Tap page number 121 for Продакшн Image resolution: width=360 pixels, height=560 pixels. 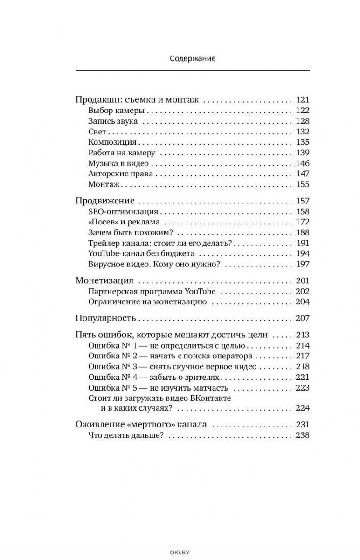coord(302,100)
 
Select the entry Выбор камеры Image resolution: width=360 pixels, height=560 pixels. coord(116,111)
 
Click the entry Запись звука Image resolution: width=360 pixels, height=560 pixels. coord(113,121)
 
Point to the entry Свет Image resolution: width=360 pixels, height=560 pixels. coord(97,132)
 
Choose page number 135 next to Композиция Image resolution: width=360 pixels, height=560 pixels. coord(302,142)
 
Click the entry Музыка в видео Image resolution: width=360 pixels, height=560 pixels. coord(118,163)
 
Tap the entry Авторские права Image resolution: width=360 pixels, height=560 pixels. coord(120,174)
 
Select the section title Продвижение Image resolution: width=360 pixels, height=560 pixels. coord(105,201)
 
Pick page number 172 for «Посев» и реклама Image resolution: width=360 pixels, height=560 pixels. coord(302,222)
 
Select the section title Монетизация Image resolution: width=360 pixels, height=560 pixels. coord(104,281)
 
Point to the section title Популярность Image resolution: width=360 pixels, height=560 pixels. coord(105,319)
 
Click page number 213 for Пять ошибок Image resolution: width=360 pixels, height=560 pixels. coord(302,335)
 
